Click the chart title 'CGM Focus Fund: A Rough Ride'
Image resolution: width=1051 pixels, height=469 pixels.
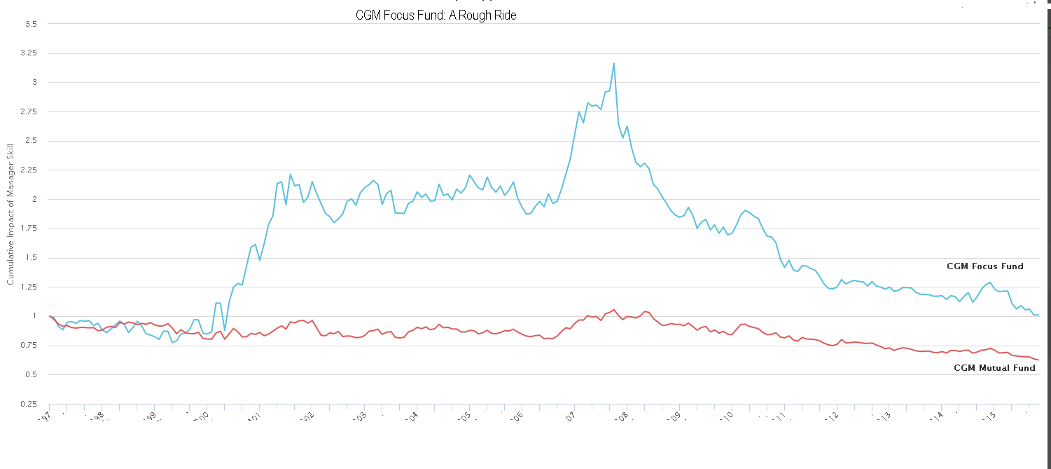[436, 15]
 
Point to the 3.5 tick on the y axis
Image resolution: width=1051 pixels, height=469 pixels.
[32, 24]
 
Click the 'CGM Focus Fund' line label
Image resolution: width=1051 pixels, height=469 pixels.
[984, 266]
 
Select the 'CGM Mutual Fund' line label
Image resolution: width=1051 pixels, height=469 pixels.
[994, 368]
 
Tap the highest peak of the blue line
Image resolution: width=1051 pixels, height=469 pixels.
[614, 63]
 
